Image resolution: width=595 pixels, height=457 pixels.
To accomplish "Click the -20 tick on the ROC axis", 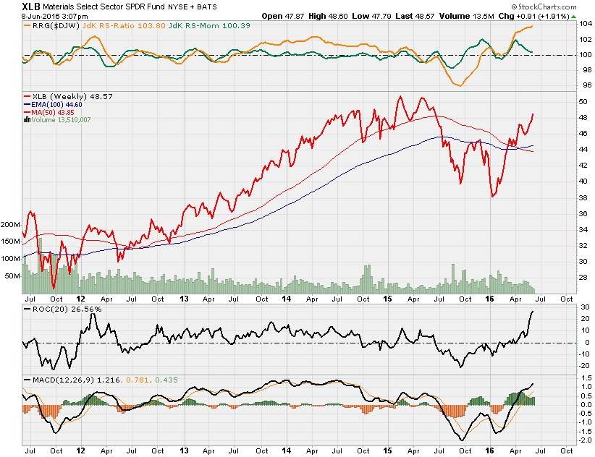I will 583,365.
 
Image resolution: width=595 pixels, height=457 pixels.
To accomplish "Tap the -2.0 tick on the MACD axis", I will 584,440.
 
